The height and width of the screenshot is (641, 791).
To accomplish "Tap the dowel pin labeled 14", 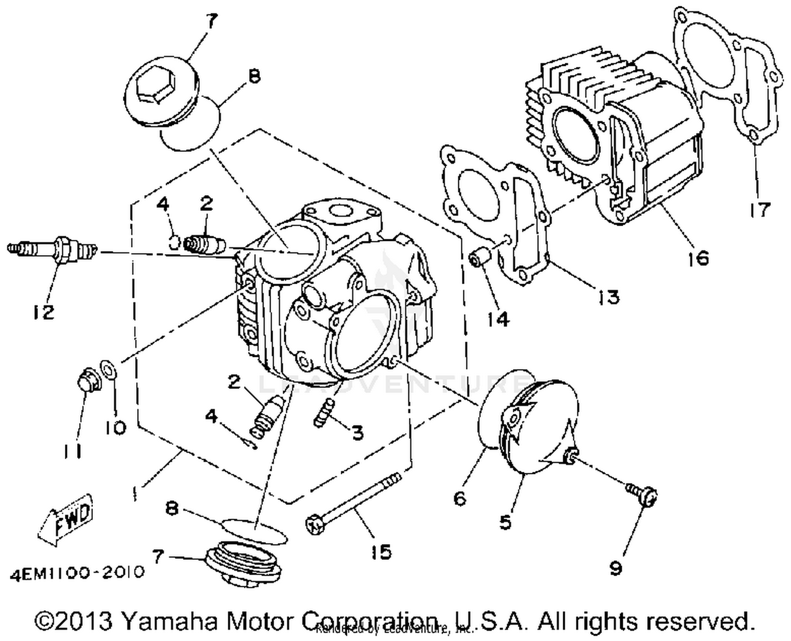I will pyautogui.click(x=480, y=259).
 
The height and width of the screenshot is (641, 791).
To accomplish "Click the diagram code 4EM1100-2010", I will pyautogui.click(x=76, y=572).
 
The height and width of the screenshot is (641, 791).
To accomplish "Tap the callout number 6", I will pyautogui.click(x=460, y=498).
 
